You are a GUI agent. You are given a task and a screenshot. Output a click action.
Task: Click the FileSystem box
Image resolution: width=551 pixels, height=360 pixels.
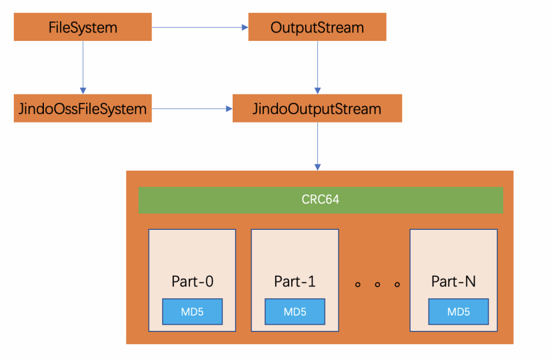pos(83,27)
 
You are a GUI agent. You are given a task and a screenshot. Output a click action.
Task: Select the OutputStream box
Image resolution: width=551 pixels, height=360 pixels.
pos(317,27)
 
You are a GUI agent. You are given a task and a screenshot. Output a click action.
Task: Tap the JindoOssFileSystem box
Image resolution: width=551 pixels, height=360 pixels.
pos(83,108)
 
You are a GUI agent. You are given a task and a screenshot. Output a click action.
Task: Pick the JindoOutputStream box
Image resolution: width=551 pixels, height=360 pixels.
pos(317,108)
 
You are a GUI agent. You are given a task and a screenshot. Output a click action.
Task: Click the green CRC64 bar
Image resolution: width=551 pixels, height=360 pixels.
pos(320,200)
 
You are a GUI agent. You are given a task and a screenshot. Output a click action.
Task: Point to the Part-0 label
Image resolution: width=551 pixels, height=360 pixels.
pos(192,281)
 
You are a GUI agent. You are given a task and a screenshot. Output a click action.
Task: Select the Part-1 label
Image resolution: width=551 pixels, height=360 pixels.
pos(294,281)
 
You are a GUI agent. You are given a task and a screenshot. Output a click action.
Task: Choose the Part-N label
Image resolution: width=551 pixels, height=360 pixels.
pos(453,281)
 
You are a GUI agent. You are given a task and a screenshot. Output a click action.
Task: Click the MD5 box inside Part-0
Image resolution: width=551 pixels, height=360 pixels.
pos(192,311)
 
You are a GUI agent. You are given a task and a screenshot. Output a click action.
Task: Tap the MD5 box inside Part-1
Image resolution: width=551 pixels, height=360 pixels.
pos(294,311)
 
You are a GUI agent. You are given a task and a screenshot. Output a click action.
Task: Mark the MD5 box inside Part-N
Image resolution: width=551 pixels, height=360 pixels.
pos(458,311)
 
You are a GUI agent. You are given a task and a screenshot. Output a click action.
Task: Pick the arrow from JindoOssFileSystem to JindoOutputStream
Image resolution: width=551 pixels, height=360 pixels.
pos(192,108)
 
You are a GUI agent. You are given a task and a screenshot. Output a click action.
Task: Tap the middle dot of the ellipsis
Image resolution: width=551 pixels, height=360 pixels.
pos(378,284)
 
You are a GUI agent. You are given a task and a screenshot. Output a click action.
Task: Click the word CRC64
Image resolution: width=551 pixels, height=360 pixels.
pos(320,200)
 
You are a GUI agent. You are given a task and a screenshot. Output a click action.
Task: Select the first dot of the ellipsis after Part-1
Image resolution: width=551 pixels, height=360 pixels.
pos(358,284)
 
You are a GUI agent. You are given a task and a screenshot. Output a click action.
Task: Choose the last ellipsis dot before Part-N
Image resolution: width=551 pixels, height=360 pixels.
pos(397,284)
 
